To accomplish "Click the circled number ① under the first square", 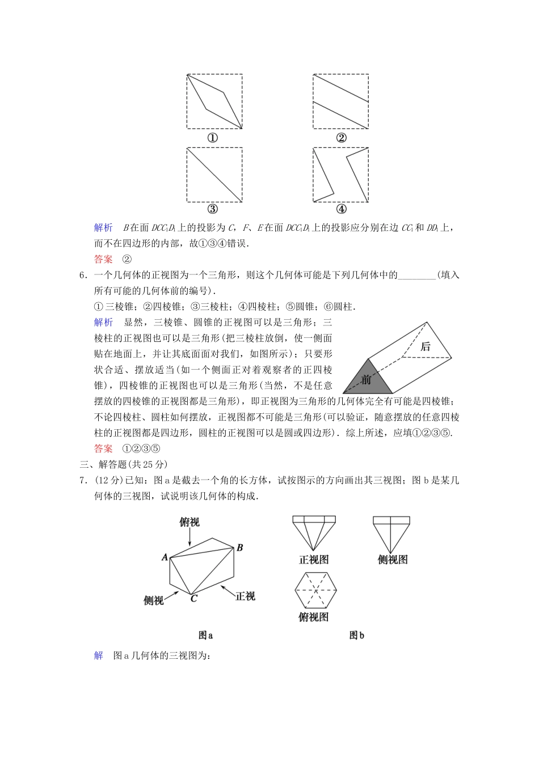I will tap(213, 138).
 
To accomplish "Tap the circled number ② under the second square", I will tap(341, 138).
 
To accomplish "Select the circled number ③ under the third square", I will tap(213, 209).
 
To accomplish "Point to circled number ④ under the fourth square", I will tap(341, 209).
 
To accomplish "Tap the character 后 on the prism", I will tap(426, 346).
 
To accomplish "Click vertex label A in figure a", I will tap(165, 557).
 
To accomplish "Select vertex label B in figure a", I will tap(240, 548).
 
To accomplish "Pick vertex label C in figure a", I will tap(193, 598).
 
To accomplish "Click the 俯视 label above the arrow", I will tap(190, 522).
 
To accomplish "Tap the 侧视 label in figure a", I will tap(154, 600).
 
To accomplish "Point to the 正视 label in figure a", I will tap(245, 596).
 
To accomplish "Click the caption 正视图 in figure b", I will tap(314, 560).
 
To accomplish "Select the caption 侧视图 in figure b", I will tap(393, 560).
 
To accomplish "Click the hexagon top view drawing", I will tap(315, 590).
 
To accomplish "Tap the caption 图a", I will tap(205, 636).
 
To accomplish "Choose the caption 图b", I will tap(356, 636).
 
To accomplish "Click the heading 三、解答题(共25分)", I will tap(124, 464).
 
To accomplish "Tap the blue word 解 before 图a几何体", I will tap(99, 656).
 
